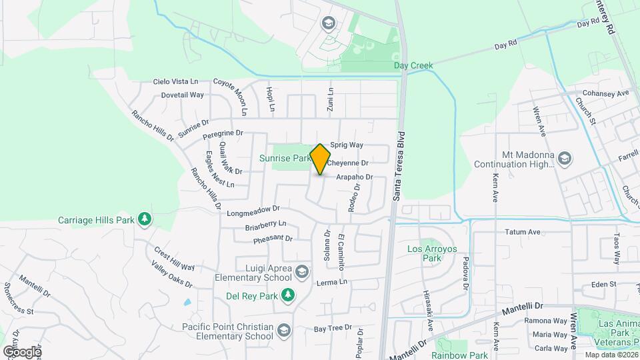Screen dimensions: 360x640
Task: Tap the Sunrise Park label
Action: tap(285, 159)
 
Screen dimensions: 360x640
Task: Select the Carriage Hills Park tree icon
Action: tap(144, 219)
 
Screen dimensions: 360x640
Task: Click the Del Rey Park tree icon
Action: tap(287, 294)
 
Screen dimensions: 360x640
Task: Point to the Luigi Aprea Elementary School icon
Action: tap(302, 271)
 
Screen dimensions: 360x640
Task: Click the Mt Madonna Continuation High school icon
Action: tap(565, 158)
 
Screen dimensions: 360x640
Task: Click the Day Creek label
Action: tap(413, 65)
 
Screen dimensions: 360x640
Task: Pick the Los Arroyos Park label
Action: tap(424, 253)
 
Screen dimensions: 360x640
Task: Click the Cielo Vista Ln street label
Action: tap(176, 81)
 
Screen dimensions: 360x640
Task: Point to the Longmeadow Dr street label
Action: tap(253, 211)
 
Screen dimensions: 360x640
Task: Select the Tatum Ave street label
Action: tap(522, 232)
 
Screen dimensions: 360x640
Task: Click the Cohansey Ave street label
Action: tap(605, 93)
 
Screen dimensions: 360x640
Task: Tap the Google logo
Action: tap(22, 351)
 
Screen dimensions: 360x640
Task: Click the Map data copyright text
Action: tap(610, 355)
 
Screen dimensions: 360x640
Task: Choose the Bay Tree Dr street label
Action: tap(332, 329)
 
